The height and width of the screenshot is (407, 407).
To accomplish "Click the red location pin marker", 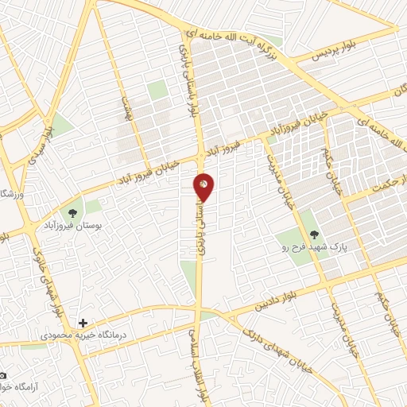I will tap(204, 186).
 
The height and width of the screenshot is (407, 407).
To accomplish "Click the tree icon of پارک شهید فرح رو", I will tap(314, 235).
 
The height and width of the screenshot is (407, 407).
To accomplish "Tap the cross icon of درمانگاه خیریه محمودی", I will tap(83, 324).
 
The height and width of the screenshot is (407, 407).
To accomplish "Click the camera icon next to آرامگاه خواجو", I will tap(4, 375).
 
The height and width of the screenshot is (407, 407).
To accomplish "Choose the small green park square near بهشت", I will tap(157, 90).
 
